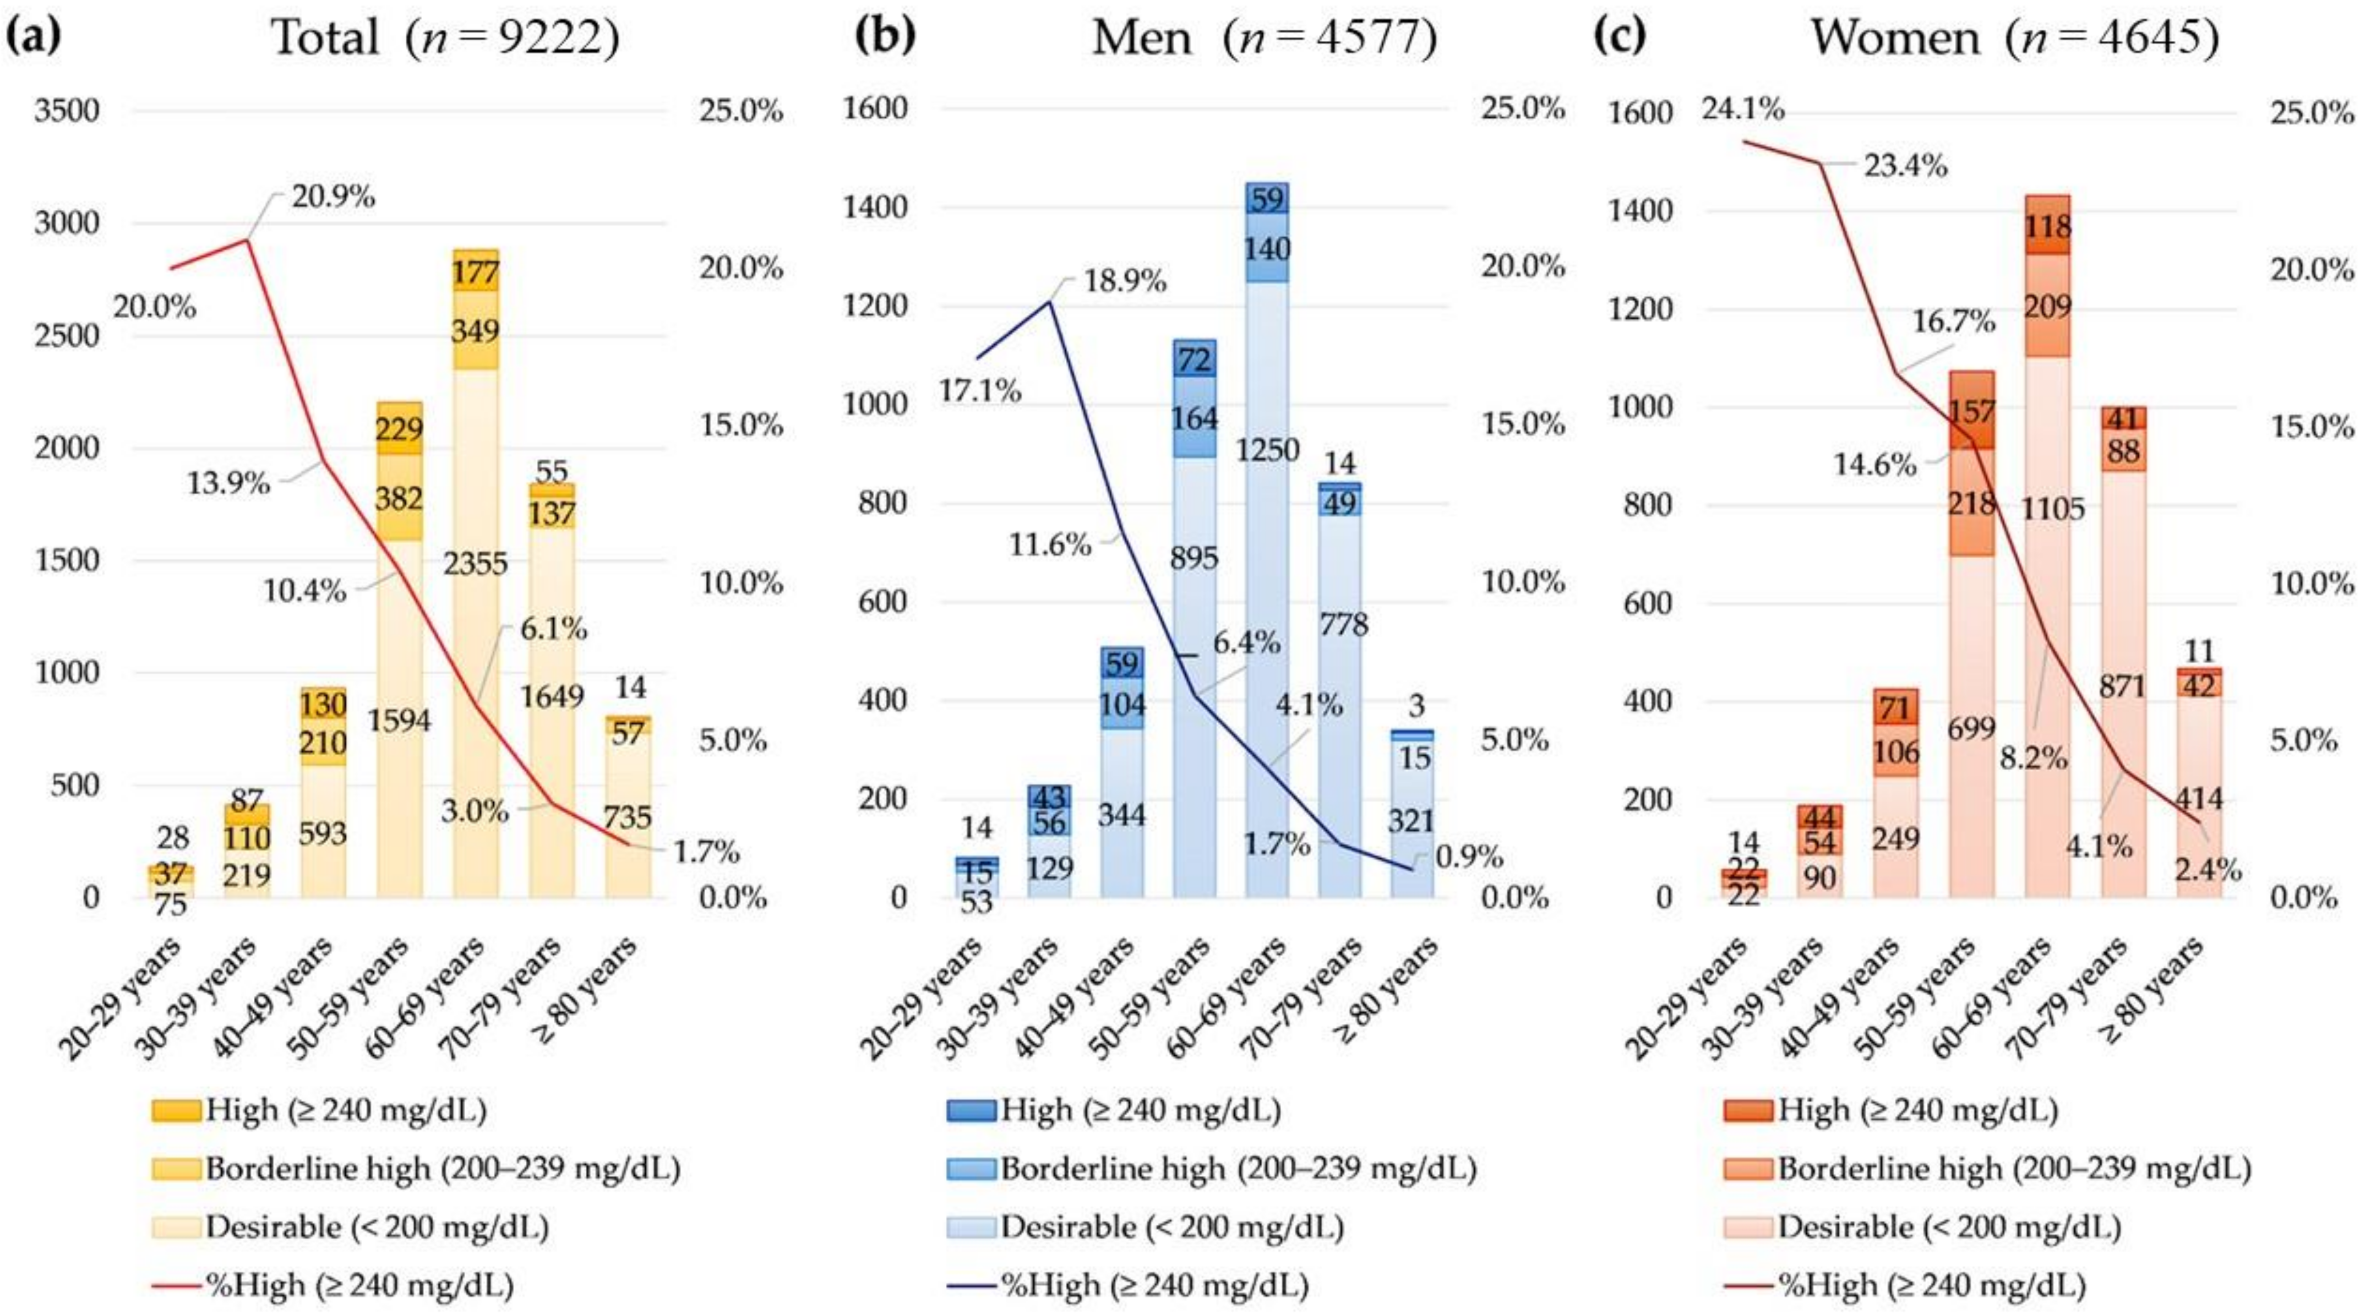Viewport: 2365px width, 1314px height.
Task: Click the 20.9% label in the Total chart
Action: click(x=333, y=197)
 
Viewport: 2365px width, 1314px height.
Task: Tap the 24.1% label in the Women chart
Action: click(x=1742, y=109)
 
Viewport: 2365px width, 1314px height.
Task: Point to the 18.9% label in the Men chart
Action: click(x=1125, y=281)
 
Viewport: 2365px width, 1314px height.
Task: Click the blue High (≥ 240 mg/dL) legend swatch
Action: click(x=971, y=1110)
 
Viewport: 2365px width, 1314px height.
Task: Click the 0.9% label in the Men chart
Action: click(x=1469, y=858)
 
